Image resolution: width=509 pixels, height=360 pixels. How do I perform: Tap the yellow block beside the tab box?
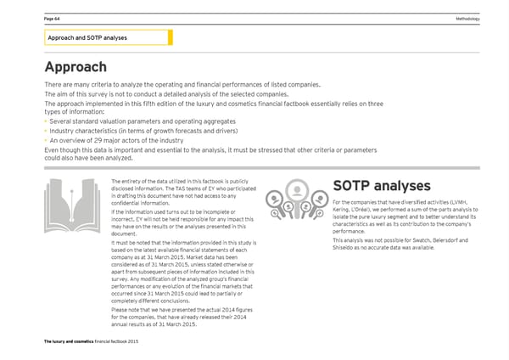(171, 37)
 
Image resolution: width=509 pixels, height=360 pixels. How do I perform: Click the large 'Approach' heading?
(76, 67)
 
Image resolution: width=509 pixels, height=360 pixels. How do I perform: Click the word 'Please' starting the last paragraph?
(120, 310)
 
